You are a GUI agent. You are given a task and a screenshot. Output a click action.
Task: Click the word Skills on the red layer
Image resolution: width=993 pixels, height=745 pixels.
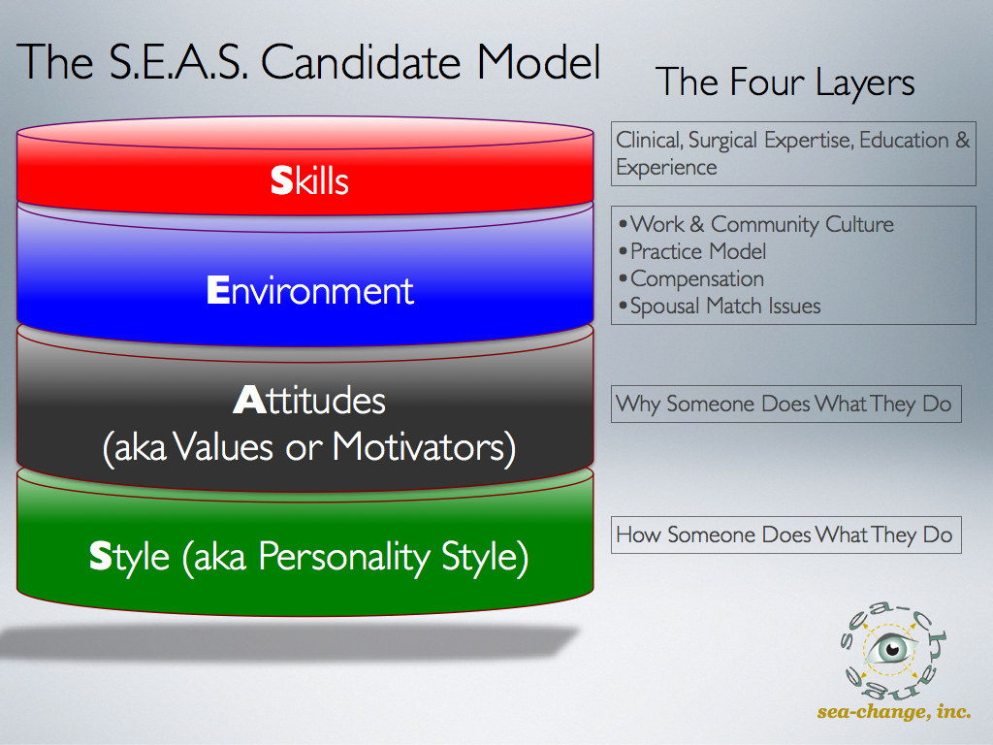point(309,180)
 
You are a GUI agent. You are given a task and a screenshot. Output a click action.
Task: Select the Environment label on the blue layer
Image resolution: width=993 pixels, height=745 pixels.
point(309,291)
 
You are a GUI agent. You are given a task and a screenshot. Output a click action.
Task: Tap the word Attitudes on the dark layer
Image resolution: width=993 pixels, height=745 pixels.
point(309,401)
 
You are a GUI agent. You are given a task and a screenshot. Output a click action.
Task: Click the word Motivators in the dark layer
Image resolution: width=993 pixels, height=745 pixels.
point(424,447)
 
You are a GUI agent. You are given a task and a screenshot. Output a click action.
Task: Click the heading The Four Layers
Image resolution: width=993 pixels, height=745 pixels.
point(785,82)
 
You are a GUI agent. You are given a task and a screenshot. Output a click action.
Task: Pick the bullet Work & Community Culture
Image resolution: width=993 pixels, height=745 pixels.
point(756,224)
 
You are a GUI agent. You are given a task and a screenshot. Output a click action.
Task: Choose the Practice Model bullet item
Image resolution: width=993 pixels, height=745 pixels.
point(692,251)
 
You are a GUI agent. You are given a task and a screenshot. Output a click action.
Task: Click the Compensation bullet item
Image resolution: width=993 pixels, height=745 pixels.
point(690,278)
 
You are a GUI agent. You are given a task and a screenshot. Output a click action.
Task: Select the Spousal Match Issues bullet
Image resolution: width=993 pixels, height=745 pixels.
point(720,306)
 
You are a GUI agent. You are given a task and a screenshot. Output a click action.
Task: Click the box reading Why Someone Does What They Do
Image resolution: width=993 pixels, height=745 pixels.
point(785,404)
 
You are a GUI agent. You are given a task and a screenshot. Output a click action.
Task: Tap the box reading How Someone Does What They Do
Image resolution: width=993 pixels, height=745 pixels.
point(785,534)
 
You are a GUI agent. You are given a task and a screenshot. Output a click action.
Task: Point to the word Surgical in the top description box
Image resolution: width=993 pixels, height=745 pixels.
point(722,140)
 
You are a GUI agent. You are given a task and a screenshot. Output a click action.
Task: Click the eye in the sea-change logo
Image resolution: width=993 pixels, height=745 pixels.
point(891,649)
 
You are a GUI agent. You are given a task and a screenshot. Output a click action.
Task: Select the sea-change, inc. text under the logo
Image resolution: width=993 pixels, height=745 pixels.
point(893,711)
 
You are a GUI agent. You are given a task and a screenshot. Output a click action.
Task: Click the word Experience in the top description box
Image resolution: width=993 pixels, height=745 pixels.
point(666,168)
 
